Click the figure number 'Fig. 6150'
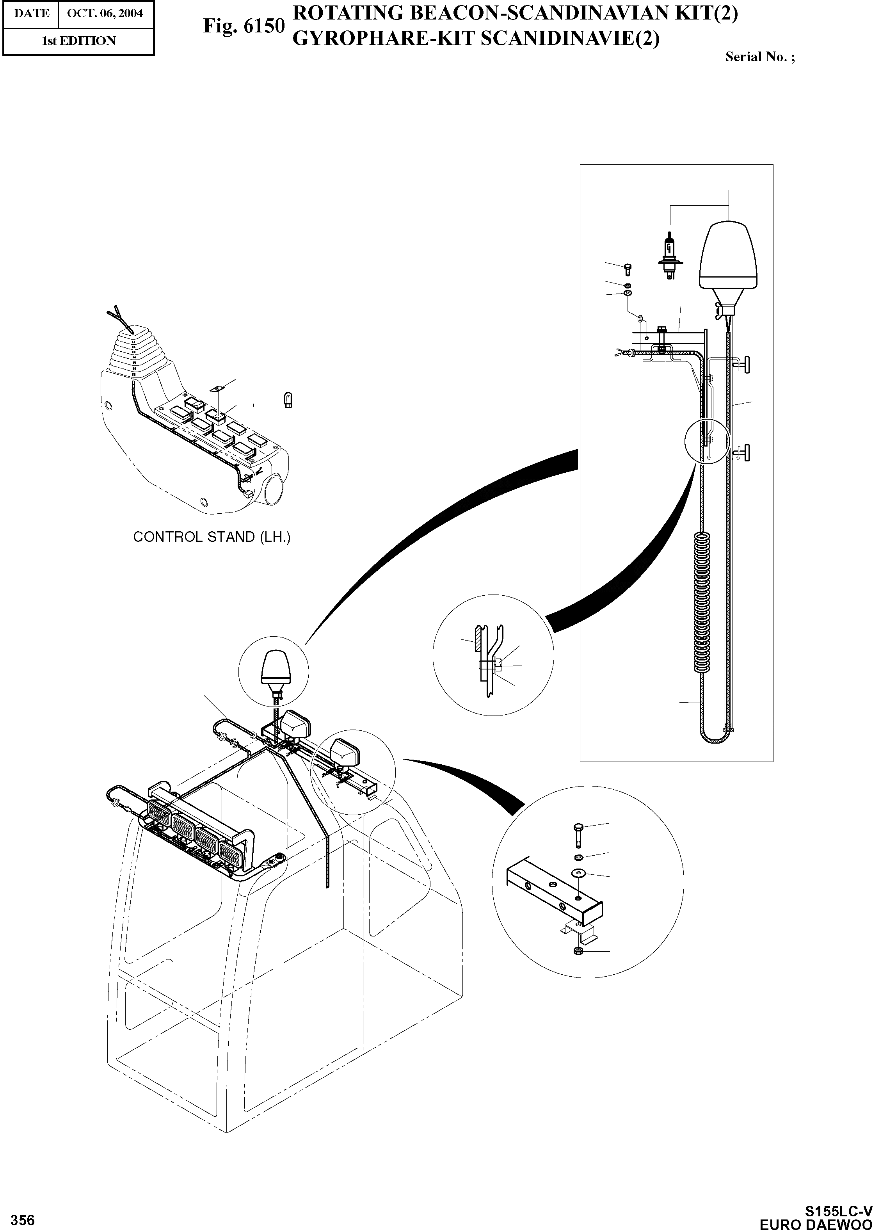244,26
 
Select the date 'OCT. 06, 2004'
105,13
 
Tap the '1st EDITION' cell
78,41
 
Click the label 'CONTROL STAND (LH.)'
212,537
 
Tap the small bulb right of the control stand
288,401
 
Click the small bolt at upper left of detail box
628,268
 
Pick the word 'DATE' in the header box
32,13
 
